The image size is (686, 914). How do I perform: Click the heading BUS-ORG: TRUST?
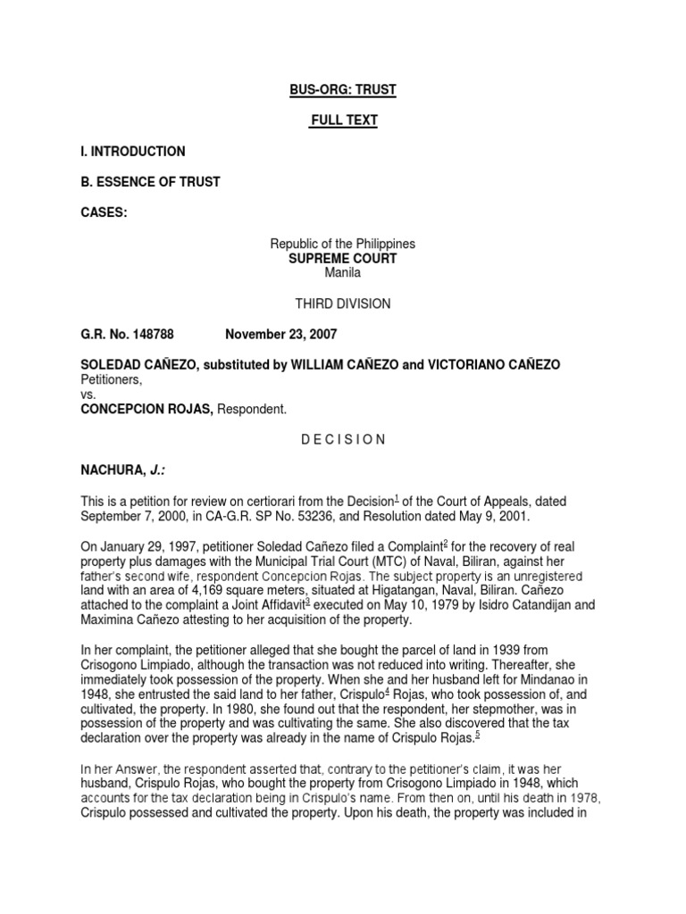point(343,90)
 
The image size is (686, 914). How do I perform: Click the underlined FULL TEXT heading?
point(343,120)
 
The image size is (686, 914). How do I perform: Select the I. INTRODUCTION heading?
point(133,151)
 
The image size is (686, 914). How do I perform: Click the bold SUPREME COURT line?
point(343,258)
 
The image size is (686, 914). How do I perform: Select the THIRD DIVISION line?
point(343,303)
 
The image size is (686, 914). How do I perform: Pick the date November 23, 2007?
point(281,334)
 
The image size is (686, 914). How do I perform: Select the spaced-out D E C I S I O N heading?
point(343,439)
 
